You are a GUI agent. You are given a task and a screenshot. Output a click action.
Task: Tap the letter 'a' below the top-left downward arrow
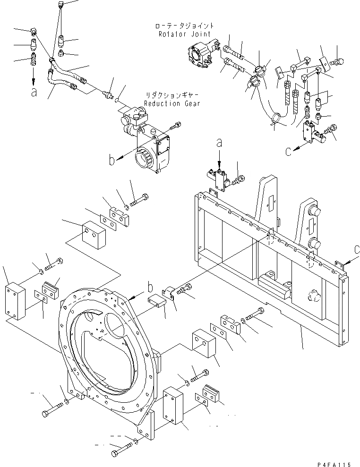pos(34,93)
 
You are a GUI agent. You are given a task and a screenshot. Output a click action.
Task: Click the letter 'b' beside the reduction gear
pos(111,161)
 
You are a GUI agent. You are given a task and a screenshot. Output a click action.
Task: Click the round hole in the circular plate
pos(117,325)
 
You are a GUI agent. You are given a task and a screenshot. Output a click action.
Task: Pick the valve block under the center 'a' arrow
pos(218,179)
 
